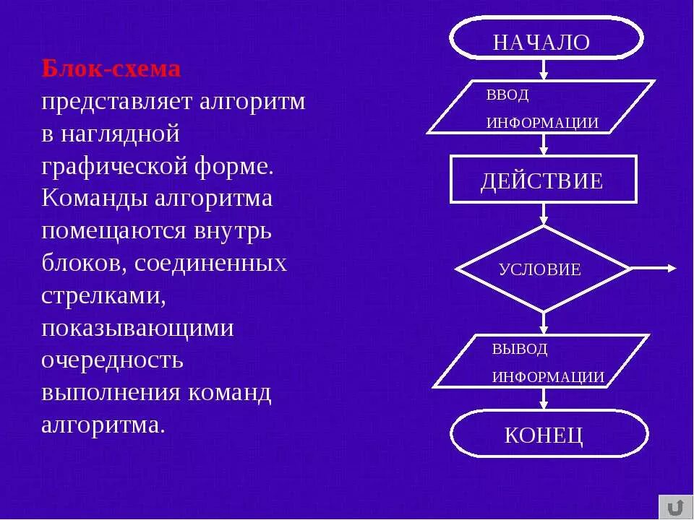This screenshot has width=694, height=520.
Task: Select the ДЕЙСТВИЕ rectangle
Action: (543, 179)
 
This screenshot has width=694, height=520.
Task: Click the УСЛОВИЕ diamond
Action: (543, 269)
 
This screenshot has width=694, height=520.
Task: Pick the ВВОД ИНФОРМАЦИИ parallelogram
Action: (541, 108)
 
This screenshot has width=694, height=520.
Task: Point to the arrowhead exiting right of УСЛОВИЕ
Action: (670, 269)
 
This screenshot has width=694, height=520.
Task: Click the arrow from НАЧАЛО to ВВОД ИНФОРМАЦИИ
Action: (544, 70)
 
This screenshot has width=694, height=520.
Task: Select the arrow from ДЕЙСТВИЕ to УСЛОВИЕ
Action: (544, 214)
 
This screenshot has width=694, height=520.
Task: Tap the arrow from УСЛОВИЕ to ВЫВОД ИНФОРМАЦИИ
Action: (544, 324)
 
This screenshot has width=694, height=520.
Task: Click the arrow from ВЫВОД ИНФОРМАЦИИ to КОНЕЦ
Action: (544, 399)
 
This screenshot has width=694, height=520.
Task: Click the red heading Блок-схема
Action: (111, 69)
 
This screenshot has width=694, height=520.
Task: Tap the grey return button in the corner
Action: (675, 506)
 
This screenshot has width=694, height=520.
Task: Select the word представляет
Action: (116, 101)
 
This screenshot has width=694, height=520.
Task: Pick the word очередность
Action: (112, 360)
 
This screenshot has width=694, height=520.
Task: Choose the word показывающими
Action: (137, 328)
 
